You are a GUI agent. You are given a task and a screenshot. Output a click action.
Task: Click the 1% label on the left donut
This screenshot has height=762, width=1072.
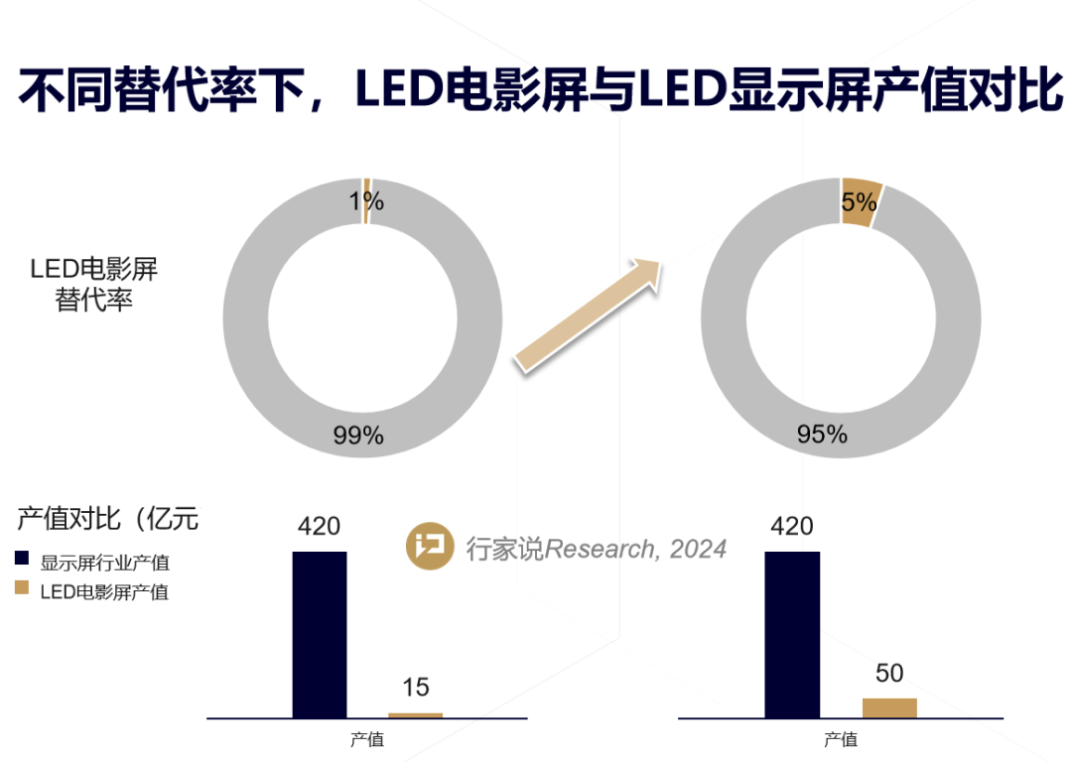pyautogui.click(x=365, y=202)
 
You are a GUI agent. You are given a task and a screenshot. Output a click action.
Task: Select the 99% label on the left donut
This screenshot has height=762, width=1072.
pyautogui.click(x=359, y=435)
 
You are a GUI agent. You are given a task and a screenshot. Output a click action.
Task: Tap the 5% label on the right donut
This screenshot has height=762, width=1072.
pyautogui.click(x=859, y=202)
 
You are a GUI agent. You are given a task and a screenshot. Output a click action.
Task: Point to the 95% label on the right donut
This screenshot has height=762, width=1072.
pyautogui.click(x=822, y=434)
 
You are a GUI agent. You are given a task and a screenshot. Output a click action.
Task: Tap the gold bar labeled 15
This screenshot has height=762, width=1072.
pyautogui.click(x=415, y=714)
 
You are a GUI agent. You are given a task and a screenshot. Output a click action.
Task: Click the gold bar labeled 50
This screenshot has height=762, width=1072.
pyautogui.click(x=889, y=707)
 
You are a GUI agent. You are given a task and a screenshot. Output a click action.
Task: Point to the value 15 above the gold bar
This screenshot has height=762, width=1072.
pyautogui.click(x=415, y=688)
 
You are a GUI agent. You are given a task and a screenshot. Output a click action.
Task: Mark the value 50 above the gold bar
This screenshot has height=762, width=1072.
pyautogui.click(x=889, y=673)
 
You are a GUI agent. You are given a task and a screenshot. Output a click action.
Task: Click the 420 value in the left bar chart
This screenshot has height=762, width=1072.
pyautogui.click(x=320, y=527)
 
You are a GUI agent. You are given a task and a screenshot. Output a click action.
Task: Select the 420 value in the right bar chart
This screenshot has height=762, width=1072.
pyautogui.click(x=792, y=527)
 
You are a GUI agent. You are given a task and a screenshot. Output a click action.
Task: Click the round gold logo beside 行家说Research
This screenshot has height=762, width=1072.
pyautogui.click(x=430, y=547)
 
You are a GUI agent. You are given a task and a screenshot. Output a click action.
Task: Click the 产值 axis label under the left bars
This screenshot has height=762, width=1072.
pyautogui.click(x=367, y=739)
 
